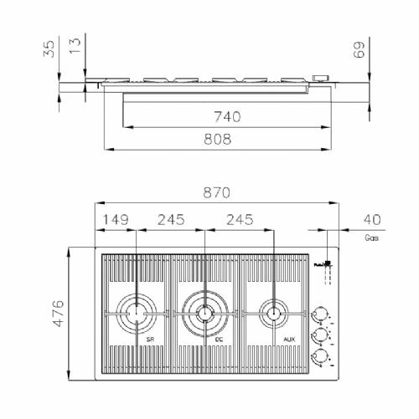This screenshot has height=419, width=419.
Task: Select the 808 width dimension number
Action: (x=217, y=140)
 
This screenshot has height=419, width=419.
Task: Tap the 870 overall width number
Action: (x=215, y=192)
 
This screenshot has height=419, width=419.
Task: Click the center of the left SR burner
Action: (x=136, y=314)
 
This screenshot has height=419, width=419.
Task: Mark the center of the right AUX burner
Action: (x=272, y=314)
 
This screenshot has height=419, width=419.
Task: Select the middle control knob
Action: (x=318, y=336)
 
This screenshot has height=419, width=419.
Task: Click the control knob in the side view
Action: (x=319, y=79)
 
